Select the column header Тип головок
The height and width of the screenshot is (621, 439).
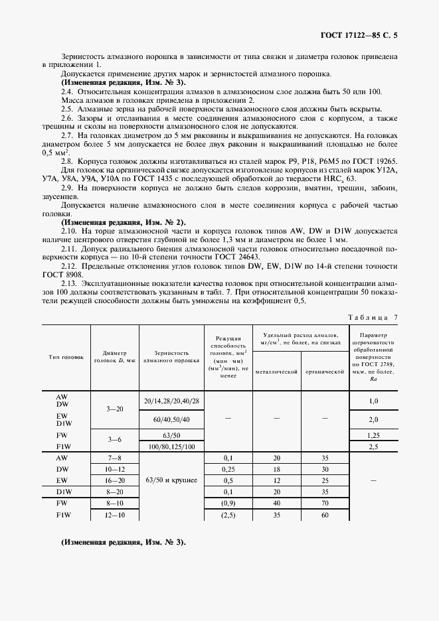[66, 357]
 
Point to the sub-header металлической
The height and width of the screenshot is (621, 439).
[276, 372]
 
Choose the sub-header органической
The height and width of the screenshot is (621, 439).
[324, 372]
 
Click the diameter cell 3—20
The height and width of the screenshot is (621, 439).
[114, 411]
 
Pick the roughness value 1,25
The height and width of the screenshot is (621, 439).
[373, 435]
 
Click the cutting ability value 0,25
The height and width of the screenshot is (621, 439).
[228, 468]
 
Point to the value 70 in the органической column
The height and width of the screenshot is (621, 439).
[324, 503]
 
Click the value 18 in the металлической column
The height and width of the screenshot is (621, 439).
[276, 468]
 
